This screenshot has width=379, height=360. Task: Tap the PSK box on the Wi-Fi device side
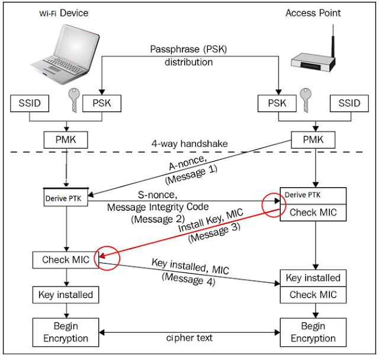point(102,104)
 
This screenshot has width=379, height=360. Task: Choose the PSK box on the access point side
point(275,104)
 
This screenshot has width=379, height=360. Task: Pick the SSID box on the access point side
point(348,104)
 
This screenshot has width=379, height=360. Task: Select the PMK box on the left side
point(66,140)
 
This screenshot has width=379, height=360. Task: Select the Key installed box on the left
point(66,294)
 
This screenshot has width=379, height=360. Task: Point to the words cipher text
point(189,339)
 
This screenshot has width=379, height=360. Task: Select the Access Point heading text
point(313,12)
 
